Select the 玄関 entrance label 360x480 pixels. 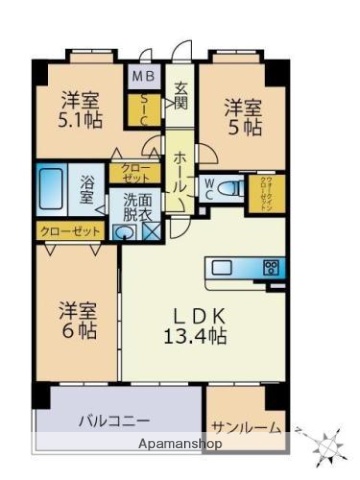pyautogui.click(x=181, y=95)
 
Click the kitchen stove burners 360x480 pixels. pyautogui.click(x=270, y=267)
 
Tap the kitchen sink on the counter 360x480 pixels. pyautogui.click(x=221, y=267)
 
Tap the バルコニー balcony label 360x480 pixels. pyautogui.click(x=115, y=421)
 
